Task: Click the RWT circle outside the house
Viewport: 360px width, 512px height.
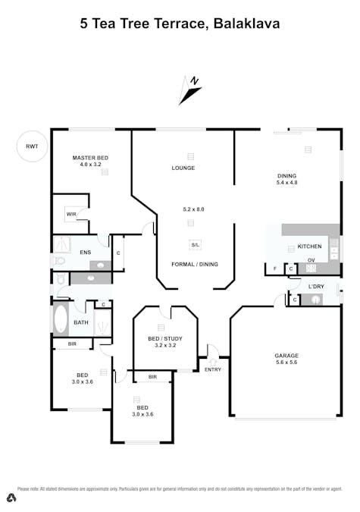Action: [x=32, y=146]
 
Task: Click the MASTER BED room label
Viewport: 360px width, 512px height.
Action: [x=90, y=158]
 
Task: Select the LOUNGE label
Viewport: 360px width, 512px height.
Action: [x=183, y=168]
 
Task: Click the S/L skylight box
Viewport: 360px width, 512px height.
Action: [x=196, y=245]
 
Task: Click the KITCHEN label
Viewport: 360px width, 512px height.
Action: [x=309, y=247]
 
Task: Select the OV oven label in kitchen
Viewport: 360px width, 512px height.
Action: [x=311, y=259]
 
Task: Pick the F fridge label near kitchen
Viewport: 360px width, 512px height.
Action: [x=274, y=269]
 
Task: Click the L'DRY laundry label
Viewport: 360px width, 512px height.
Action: [x=316, y=286]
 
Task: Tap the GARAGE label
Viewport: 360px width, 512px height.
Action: [x=286, y=356]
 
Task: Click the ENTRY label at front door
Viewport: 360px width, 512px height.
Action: [x=213, y=369]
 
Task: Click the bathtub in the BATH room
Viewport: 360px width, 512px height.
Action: [x=61, y=319]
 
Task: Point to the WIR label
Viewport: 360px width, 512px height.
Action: [x=70, y=215]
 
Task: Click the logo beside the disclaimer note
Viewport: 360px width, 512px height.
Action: [x=11, y=498]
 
